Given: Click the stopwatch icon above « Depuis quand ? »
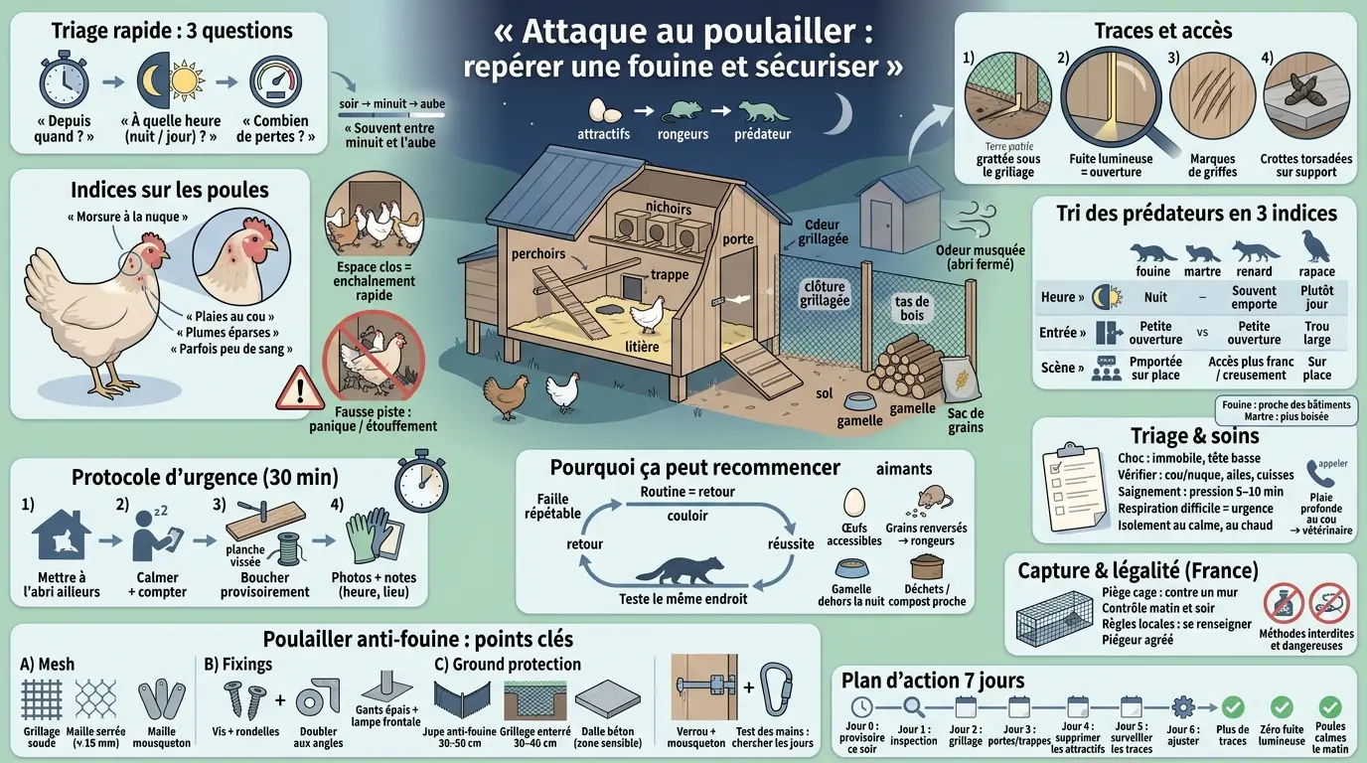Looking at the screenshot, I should pos(67,81).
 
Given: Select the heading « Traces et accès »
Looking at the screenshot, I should pos(1162,31).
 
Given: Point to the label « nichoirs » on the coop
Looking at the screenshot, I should pos(668,208).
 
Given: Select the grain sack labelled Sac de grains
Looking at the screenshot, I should pos(960,383).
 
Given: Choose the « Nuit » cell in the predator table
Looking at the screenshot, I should pos(1155,296).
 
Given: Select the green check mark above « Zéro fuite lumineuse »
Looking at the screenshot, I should pos(1282,707).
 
